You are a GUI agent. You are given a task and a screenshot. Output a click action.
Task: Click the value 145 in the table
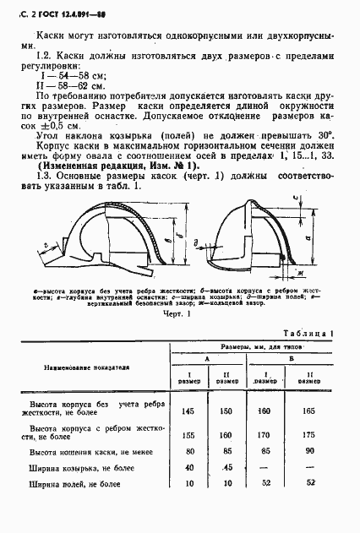pyautogui.click(x=188, y=411)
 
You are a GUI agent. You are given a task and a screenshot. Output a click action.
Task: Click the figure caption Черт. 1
pyautogui.click(x=177, y=313)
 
